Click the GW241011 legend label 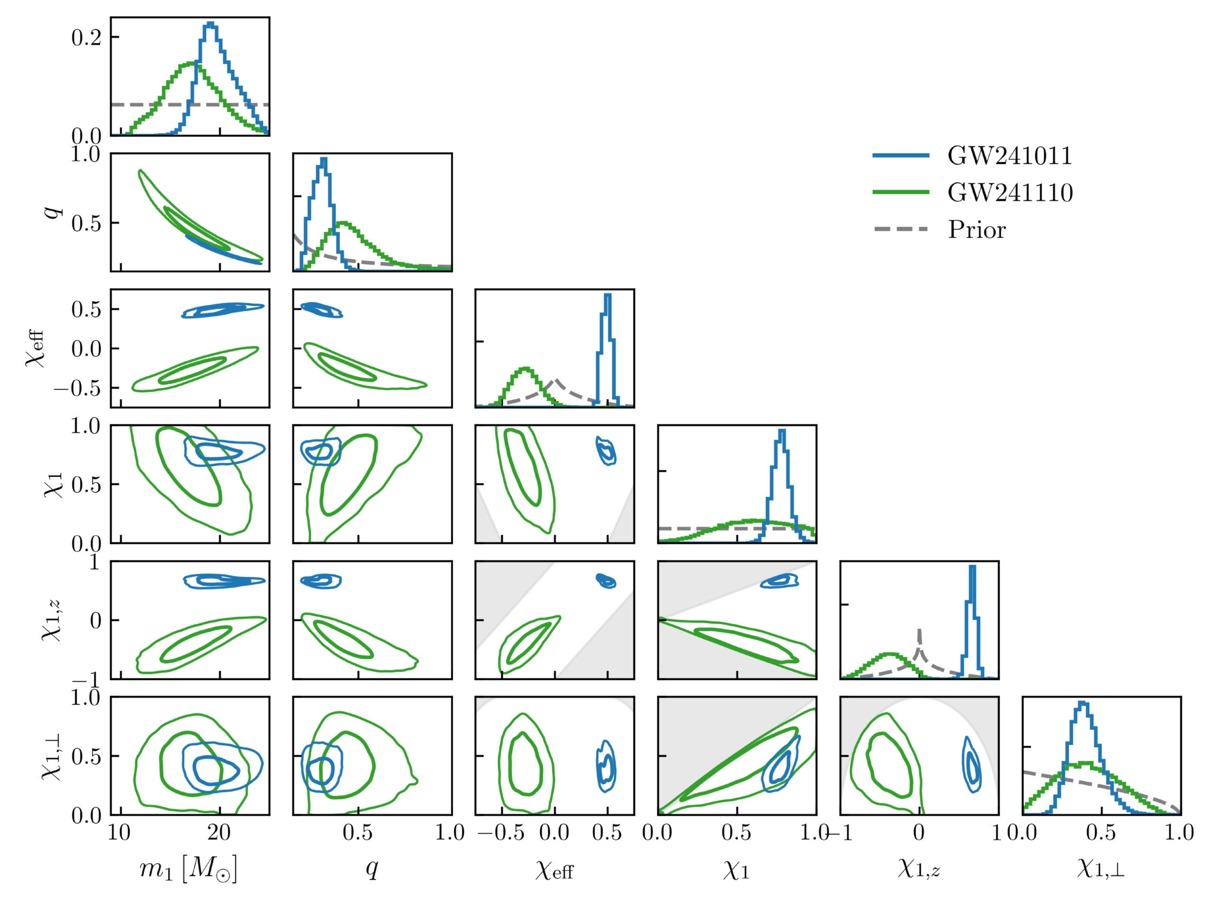[x=1010, y=156]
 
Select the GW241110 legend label [x=1010, y=193]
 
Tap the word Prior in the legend [x=976, y=230]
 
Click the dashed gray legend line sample [x=901, y=230]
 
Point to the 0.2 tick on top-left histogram [x=86, y=37]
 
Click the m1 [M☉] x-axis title [x=189, y=869]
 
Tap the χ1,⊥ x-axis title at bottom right [x=1101, y=869]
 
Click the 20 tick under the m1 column [x=219, y=833]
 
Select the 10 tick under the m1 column [x=120, y=833]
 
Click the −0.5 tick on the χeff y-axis [x=78, y=388]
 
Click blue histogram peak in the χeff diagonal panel [x=607, y=295]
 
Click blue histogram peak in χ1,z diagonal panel [x=972, y=567]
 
